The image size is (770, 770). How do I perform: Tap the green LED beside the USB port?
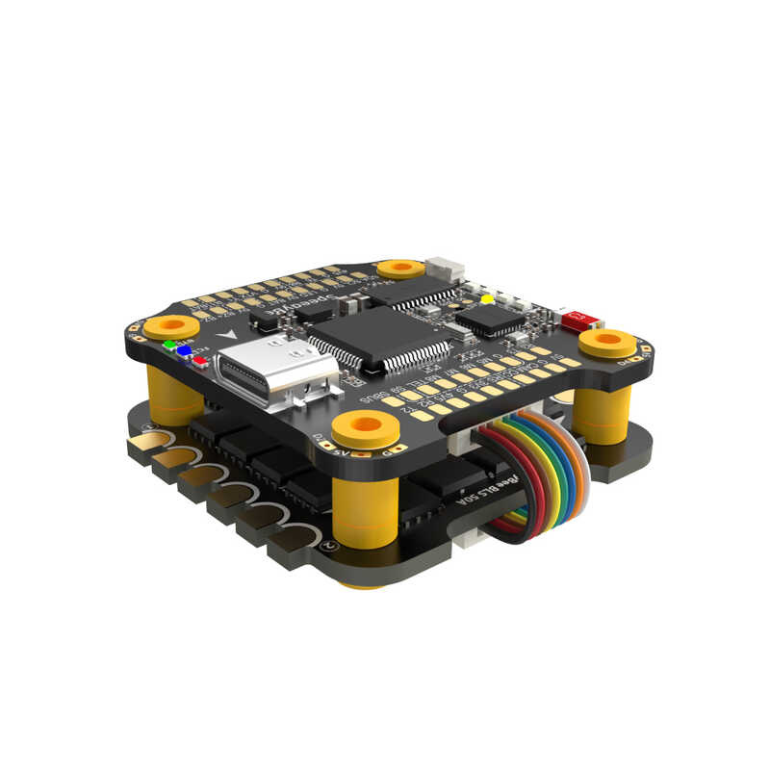tap(170, 344)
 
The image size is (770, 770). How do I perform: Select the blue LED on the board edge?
tap(184, 351)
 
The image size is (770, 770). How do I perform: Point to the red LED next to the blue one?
tap(199, 360)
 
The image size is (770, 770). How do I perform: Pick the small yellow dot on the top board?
tap(487, 299)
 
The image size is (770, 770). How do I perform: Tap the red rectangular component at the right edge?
tap(576, 320)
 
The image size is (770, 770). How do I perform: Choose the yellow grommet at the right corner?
tap(609, 341)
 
